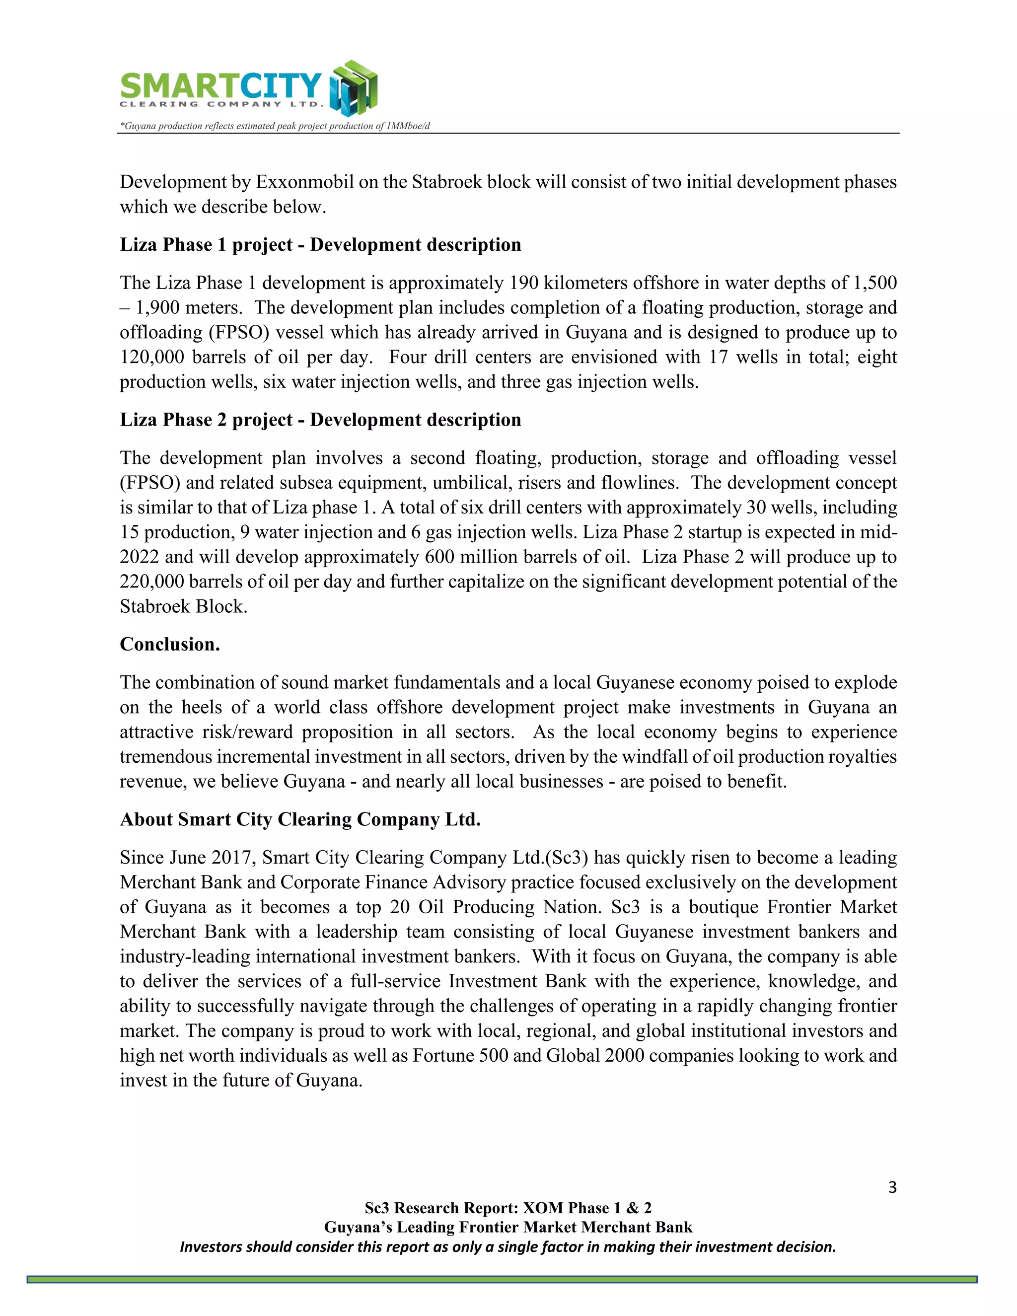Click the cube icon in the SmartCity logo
pyautogui.click(x=354, y=88)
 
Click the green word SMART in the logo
pyautogui.click(x=171, y=85)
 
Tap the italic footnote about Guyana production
pyautogui.click(x=275, y=126)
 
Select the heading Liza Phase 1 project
pyautogui.click(x=320, y=245)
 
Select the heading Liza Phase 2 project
pyautogui.click(x=320, y=420)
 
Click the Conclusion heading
pyautogui.click(x=170, y=644)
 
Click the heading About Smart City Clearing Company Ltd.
pyautogui.click(x=300, y=819)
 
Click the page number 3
pyautogui.click(x=892, y=1187)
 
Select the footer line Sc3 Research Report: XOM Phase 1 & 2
pyautogui.click(x=508, y=1208)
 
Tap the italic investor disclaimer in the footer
pyautogui.click(x=508, y=1246)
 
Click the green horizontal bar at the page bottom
pyautogui.click(x=502, y=1279)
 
